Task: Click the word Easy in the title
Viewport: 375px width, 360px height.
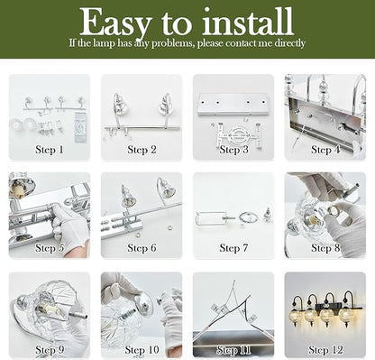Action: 116,23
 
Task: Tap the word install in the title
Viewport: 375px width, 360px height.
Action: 248,21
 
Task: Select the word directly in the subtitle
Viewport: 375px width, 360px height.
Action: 290,43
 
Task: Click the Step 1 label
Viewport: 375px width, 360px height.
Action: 50,150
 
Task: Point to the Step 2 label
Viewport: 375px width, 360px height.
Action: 142,150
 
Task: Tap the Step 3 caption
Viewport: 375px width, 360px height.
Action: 233,150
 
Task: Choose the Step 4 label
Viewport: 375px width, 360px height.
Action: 325,150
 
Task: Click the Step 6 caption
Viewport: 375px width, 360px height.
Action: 142,248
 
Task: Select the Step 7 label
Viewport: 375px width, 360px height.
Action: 233,248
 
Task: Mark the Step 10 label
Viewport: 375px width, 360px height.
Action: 142,350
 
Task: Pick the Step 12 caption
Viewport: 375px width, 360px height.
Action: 325,350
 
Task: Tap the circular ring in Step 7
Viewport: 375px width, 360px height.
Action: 248,217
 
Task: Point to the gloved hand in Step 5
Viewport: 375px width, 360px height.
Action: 70,226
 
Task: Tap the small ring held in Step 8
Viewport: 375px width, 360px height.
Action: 334,209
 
